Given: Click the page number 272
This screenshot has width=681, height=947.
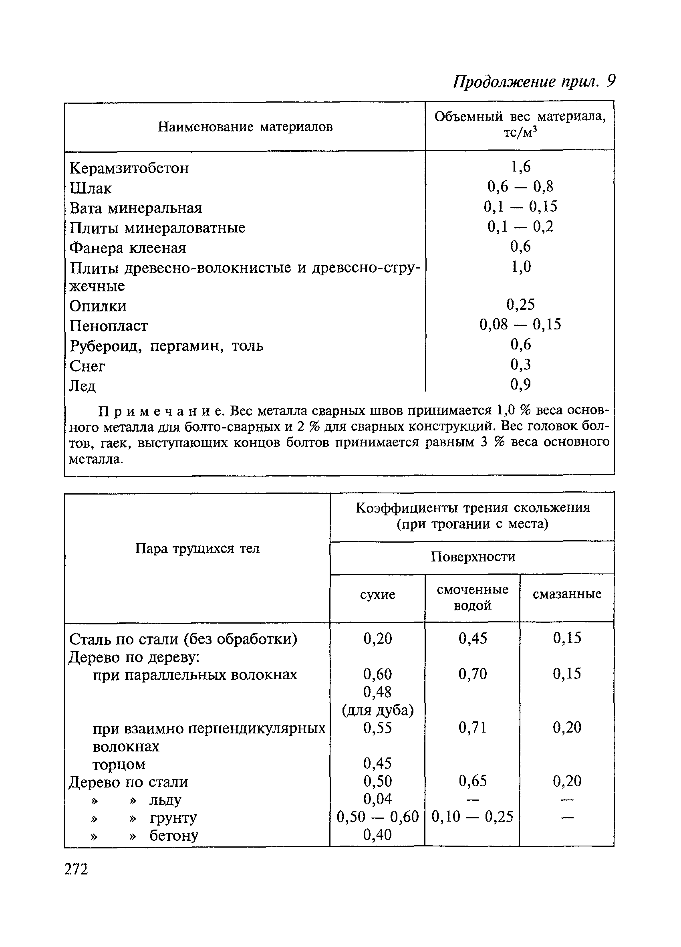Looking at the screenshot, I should click(77, 870).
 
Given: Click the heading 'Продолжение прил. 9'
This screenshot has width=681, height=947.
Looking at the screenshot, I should click(534, 81).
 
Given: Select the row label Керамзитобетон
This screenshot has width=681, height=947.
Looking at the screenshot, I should click(129, 168).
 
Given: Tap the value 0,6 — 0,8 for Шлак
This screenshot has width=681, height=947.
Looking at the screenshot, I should click(520, 186).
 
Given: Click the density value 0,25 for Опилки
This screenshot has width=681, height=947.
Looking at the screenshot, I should click(520, 305).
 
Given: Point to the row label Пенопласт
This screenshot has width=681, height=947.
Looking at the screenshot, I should click(109, 326).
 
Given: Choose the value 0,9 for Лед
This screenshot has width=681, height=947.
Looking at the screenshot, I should click(520, 384).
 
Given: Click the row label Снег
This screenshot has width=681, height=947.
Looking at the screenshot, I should click(87, 366).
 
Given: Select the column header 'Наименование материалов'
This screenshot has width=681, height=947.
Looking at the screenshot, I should click(245, 127).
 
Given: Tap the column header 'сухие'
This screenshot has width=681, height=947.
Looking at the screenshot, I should click(377, 594).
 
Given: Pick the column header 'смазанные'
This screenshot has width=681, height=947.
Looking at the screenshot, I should click(567, 594).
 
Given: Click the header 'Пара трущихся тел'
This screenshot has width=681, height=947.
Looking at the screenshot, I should click(197, 548).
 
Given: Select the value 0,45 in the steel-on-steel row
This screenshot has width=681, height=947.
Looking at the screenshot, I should click(472, 638).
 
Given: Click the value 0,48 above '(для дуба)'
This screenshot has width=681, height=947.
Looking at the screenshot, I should click(377, 692).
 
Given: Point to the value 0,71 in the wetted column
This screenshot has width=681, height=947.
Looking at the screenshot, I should click(472, 728).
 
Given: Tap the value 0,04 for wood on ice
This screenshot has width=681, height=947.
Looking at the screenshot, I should click(377, 799).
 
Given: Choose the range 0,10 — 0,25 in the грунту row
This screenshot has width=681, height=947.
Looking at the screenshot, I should click(472, 817).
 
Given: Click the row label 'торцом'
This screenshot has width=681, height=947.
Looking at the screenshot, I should click(119, 764).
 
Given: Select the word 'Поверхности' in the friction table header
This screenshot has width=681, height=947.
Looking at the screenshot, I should click(473, 557).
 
